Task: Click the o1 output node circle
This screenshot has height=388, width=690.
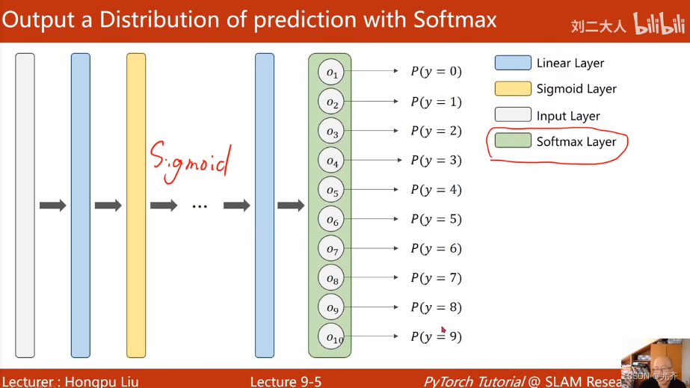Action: click(x=331, y=73)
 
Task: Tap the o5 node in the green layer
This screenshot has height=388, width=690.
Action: click(x=331, y=190)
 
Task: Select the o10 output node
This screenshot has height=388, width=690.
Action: click(x=331, y=336)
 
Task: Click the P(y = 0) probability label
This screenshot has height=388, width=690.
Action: click(x=436, y=71)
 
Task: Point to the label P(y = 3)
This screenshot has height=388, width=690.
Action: click(x=436, y=160)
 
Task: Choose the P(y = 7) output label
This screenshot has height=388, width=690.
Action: click(x=436, y=278)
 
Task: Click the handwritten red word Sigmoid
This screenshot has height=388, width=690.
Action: click(x=190, y=161)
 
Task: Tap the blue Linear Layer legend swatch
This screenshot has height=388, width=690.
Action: click(x=513, y=63)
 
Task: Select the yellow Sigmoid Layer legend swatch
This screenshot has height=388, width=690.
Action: click(x=513, y=88)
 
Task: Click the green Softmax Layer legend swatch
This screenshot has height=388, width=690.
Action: click(x=513, y=141)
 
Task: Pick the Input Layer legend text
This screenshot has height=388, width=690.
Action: click(x=568, y=116)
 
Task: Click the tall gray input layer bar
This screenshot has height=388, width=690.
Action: click(x=25, y=206)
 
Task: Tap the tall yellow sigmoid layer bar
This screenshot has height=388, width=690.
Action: click(x=136, y=206)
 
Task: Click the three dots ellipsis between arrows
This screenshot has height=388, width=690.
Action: click(x=200, y=206)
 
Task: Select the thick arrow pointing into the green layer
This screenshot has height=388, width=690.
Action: click(x=291, y=205)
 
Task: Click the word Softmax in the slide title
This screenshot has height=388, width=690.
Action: click(x=455, y=19)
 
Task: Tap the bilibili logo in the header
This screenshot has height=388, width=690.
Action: click(x=659, y=23)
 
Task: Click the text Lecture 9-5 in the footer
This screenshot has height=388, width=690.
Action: click(x=286, y=381)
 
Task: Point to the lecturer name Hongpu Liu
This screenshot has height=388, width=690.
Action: click(x=102, y=381)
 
